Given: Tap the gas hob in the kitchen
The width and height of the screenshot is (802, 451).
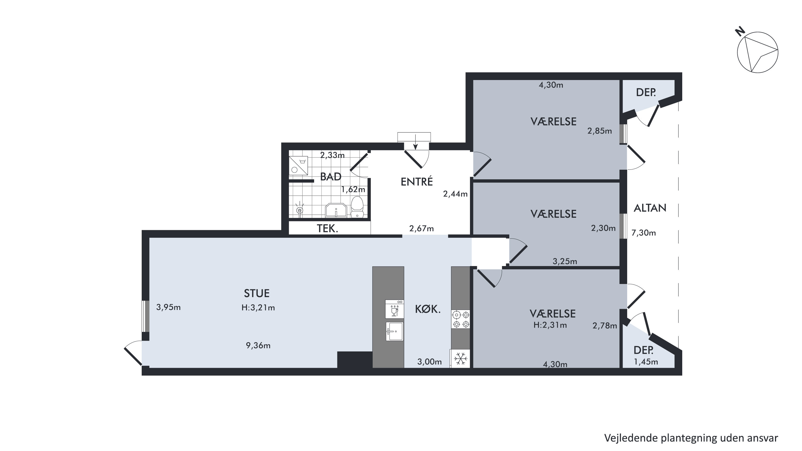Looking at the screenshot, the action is pyautogui.click(x=461, y=319).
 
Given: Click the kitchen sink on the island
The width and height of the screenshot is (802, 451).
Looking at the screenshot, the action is pyautogui.click(x=395, y=331).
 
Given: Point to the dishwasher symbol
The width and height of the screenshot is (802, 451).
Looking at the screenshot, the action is pyautogui.click(x=395, y=309).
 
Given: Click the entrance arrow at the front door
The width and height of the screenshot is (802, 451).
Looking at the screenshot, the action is pyautogui.click(x=415, y=142).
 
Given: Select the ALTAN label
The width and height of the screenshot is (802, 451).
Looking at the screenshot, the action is pyautogui.click(x=650, y=208).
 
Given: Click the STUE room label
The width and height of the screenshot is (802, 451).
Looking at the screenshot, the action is pyautogui.click(x=257, y=293).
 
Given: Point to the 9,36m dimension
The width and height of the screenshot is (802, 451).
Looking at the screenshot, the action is pyautogui.click(x=258, y=345).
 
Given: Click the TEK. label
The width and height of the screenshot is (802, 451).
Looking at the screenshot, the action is pyautogui.click(x=327, y=229).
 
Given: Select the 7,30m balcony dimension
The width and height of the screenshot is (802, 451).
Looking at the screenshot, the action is pyautogui.click(x=643, y=233).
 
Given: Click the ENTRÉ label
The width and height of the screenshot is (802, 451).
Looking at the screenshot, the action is pyautogui.click(x=417, y=181).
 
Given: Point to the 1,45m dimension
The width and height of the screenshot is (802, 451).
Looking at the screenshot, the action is pyautogui.click(x=646, y=362).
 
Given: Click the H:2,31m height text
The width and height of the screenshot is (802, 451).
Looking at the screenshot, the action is pyautogui.click(x=550, y=325).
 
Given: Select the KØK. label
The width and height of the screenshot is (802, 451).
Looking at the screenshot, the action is pyautogui.click(x=428, y=309).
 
